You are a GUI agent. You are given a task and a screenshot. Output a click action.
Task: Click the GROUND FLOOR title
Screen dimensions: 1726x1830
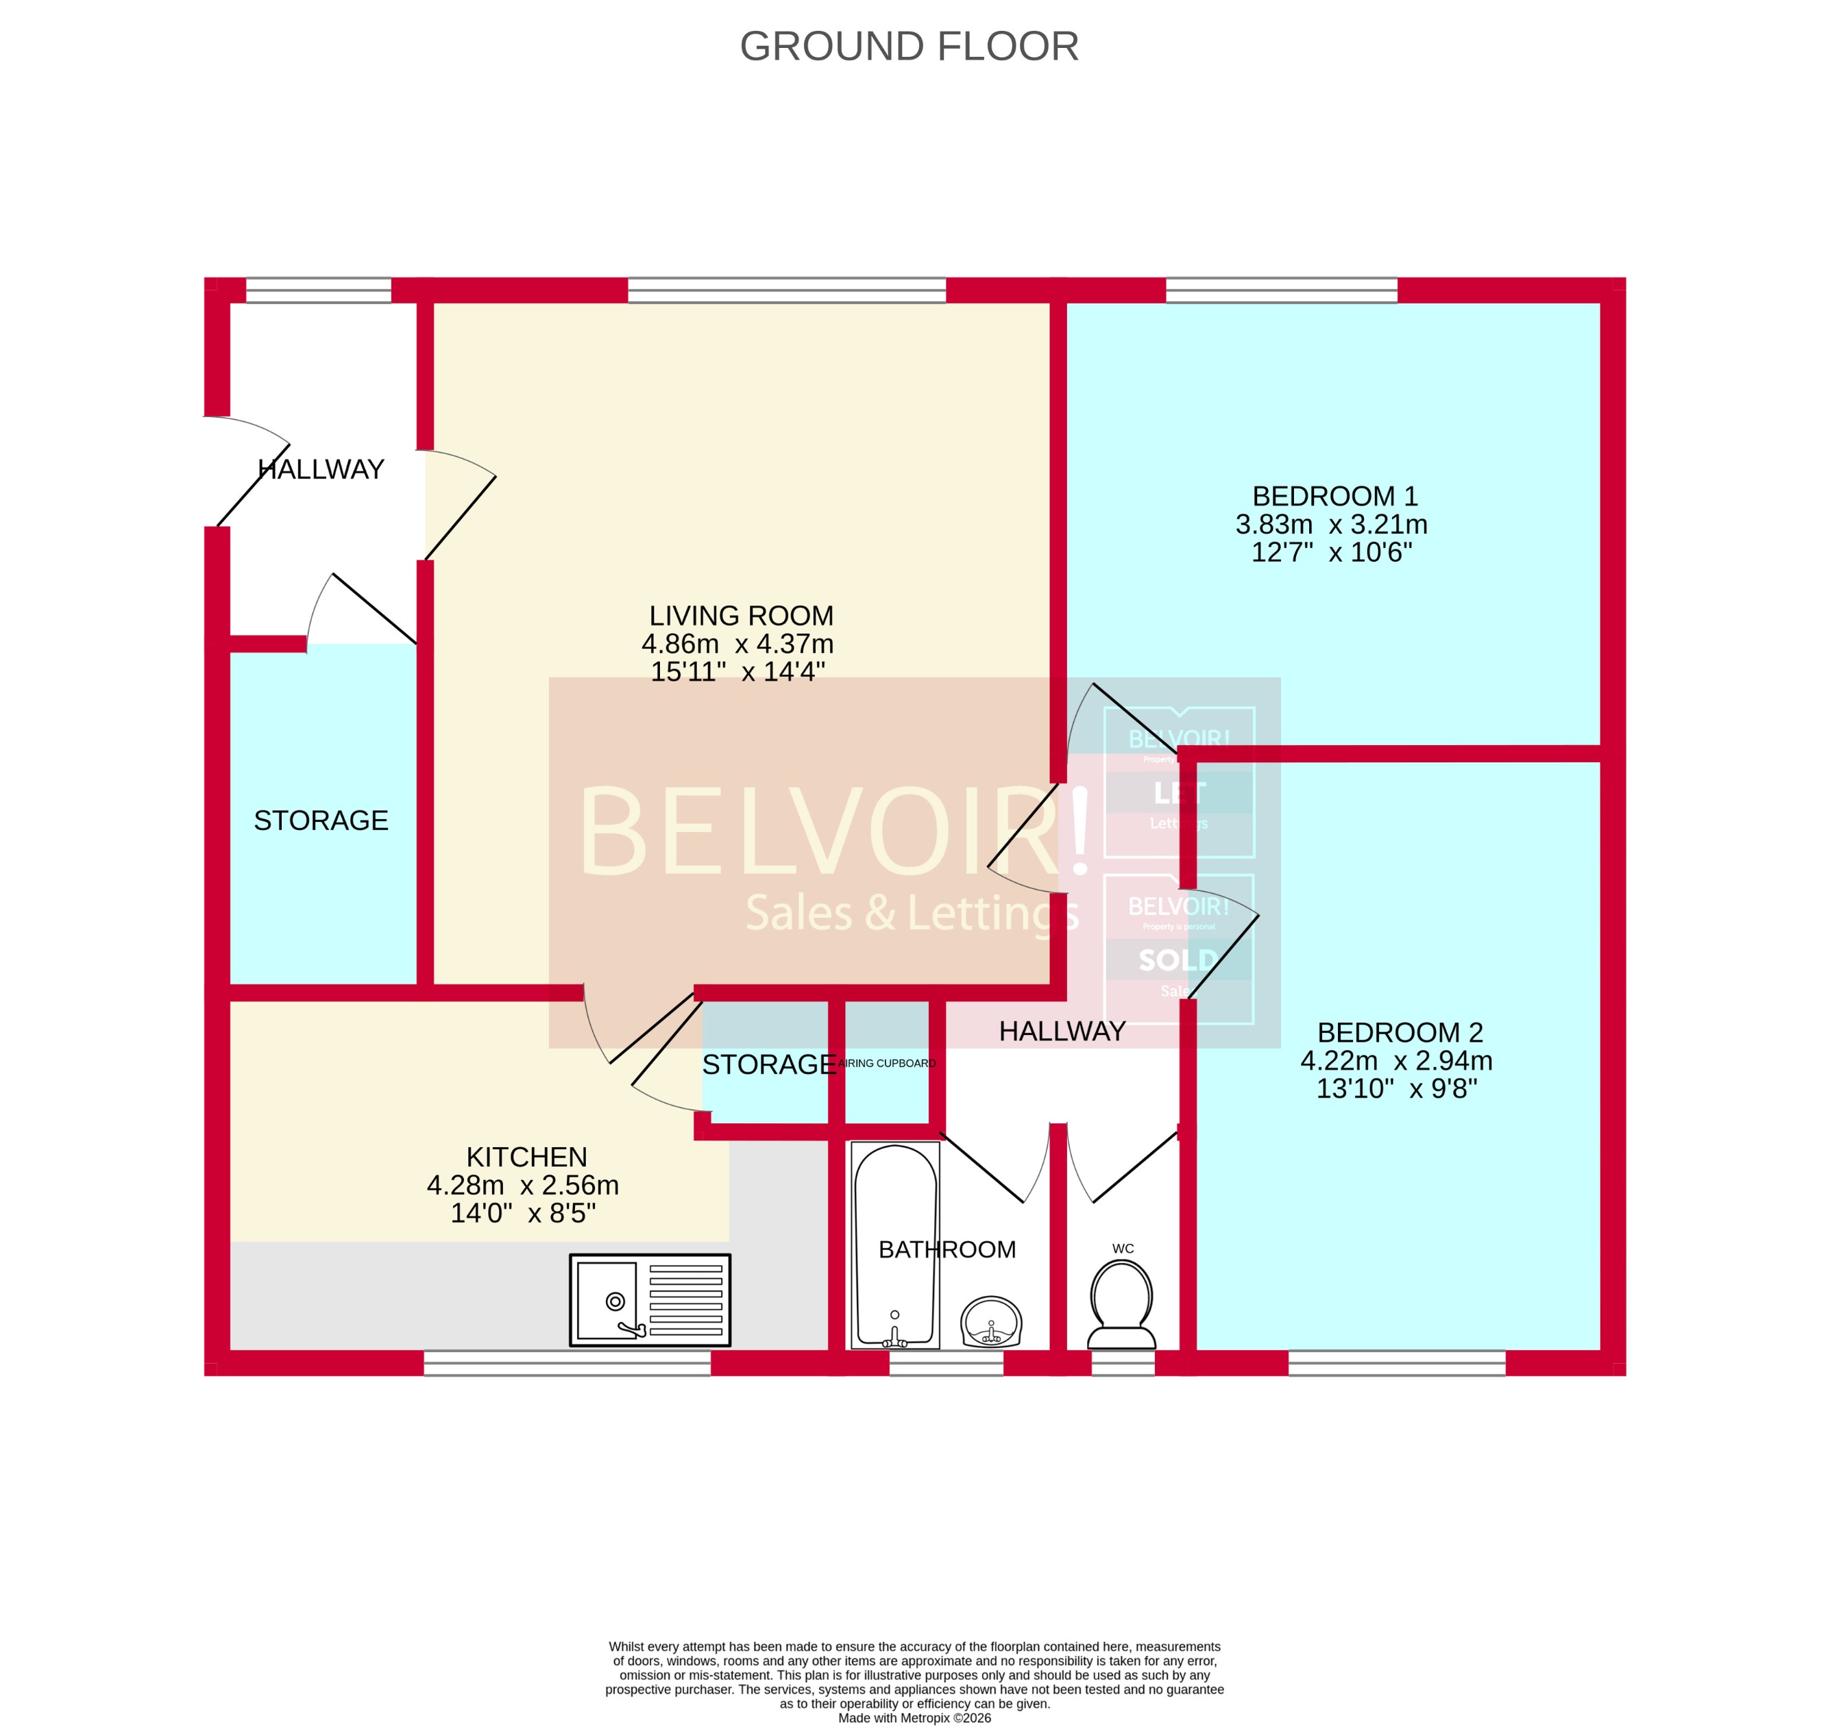click(x=909, y=46)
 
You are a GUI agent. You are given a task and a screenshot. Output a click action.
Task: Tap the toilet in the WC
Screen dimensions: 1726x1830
click(x=1122, y=1303)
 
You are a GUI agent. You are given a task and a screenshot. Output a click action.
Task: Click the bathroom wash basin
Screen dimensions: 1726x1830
click(x=991, y=1322)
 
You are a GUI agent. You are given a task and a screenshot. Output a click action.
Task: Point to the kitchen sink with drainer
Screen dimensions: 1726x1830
click(x=650, y=1300)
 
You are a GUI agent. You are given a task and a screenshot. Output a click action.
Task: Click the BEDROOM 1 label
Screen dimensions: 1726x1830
click(x=1334, y=496)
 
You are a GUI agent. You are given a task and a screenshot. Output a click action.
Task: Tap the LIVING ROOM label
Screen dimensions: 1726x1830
click(x=741, y=616)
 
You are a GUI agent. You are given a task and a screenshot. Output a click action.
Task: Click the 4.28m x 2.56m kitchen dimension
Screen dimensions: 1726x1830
click(x=522, y=1185)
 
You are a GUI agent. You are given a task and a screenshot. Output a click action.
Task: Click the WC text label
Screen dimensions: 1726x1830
click(x=1122, y=1249)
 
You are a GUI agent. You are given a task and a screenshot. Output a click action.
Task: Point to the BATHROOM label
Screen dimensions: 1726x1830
click(x=947, y=1249)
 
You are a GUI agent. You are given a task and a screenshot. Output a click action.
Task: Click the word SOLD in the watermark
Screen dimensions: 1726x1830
click(x=1178, y=960)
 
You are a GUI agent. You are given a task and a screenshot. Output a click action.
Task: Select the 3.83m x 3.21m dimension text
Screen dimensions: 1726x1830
click(x=1330, y=525)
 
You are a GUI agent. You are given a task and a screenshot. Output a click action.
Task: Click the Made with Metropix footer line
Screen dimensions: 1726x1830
click(x=914, y=1718)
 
